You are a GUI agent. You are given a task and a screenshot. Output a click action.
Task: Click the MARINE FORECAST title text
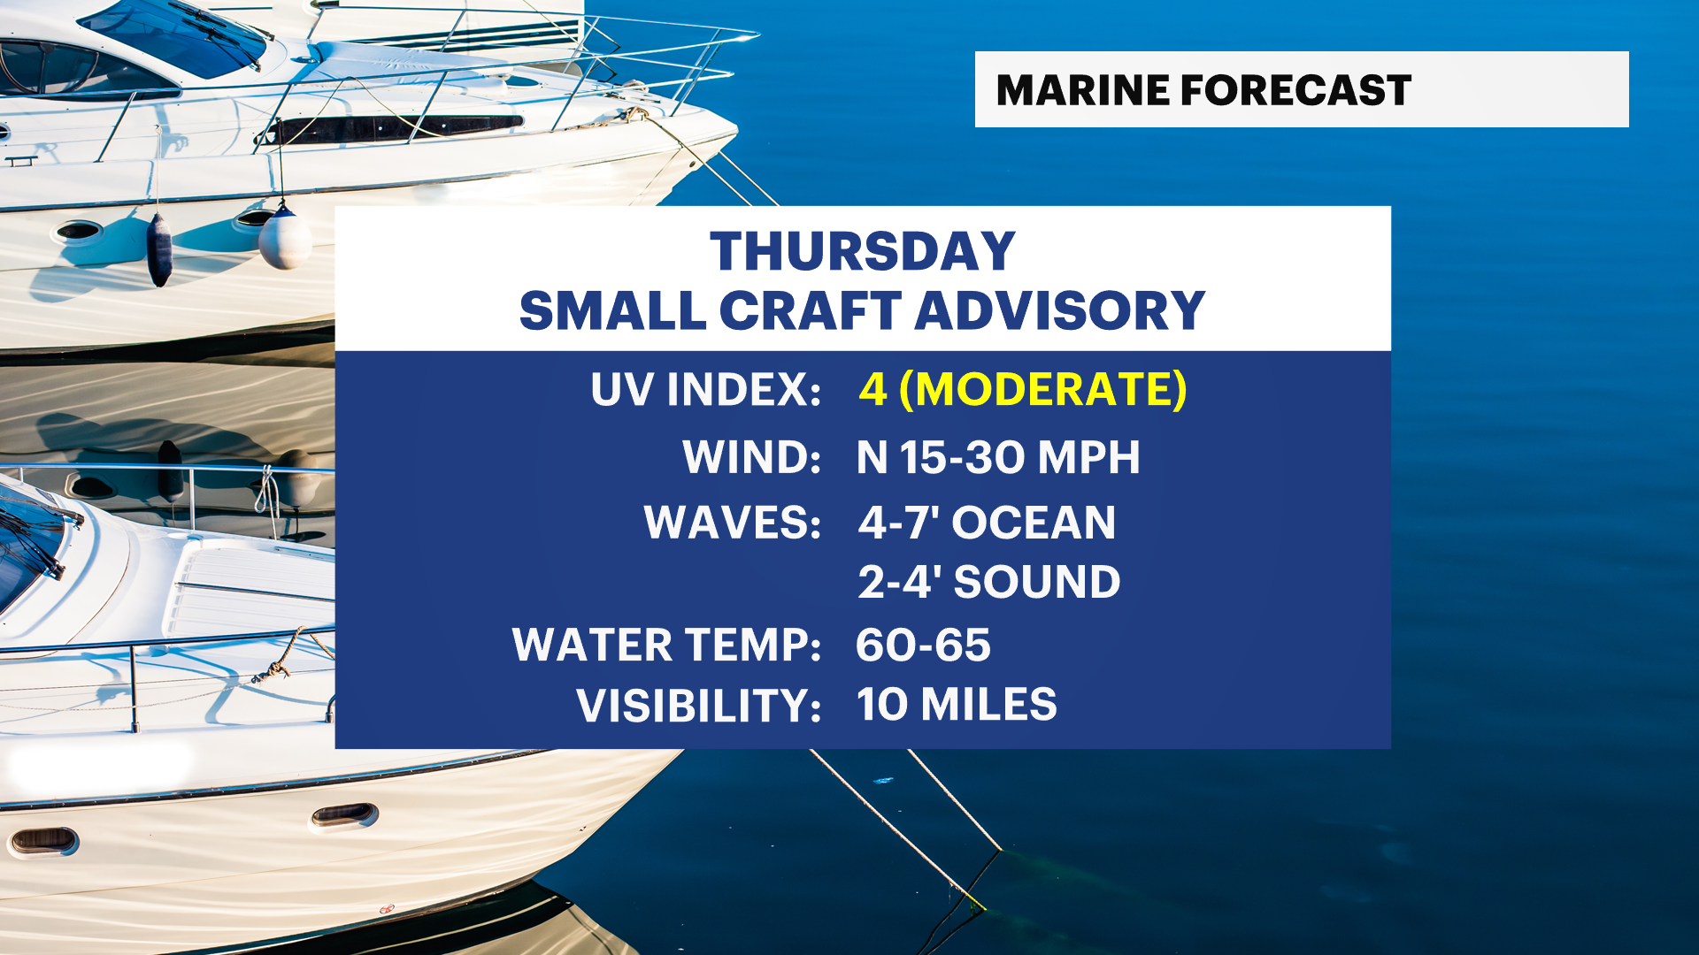pos(1203,90)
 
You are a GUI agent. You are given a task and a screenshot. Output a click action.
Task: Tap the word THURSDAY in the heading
pos(863,251)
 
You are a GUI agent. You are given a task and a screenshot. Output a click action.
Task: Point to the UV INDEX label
pos(706,389)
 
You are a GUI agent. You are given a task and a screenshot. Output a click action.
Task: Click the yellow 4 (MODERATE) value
pos(1023,389)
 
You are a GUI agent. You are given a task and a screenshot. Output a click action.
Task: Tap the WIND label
pos(752,457)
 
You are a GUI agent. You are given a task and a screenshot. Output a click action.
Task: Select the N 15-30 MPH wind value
pos(998,457)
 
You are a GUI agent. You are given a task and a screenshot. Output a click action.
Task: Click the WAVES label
pos(733,522)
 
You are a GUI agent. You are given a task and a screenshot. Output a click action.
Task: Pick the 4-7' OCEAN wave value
pos(988,522)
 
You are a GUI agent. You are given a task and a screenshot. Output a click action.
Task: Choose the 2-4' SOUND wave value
pos(989,581)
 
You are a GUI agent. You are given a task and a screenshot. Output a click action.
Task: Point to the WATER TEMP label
pos(667,645)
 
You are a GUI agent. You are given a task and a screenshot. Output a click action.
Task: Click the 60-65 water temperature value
pos(923,645)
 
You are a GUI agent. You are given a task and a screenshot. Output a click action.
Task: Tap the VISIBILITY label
pos(699,705)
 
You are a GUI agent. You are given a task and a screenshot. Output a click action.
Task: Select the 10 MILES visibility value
pos(957,705)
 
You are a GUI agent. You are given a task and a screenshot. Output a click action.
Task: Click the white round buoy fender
pos(285,238)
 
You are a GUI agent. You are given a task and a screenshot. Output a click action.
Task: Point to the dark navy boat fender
pos(159,250)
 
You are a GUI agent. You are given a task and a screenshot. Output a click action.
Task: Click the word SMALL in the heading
pos(612,310)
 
